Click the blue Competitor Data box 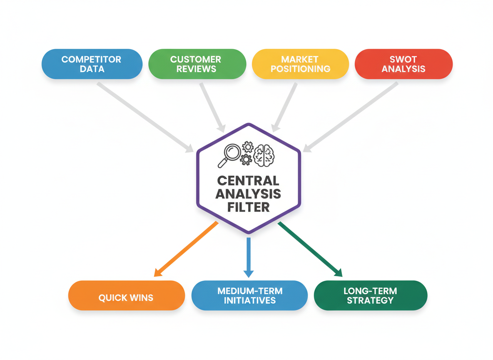click(92, 64)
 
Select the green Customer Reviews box click(197, 64)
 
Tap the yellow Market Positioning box click(300, 64)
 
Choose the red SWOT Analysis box click(403, 64)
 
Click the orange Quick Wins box click(126, 295)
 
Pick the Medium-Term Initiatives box click(249, 295)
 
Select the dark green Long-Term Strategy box click(370, 295)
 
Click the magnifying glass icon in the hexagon click(229, 155)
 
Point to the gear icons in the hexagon click(247, 153)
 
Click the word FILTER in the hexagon click(249, 207)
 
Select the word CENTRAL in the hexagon click(249, 181)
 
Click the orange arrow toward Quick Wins click(186, 249)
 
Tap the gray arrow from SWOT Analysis click(351, 116)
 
